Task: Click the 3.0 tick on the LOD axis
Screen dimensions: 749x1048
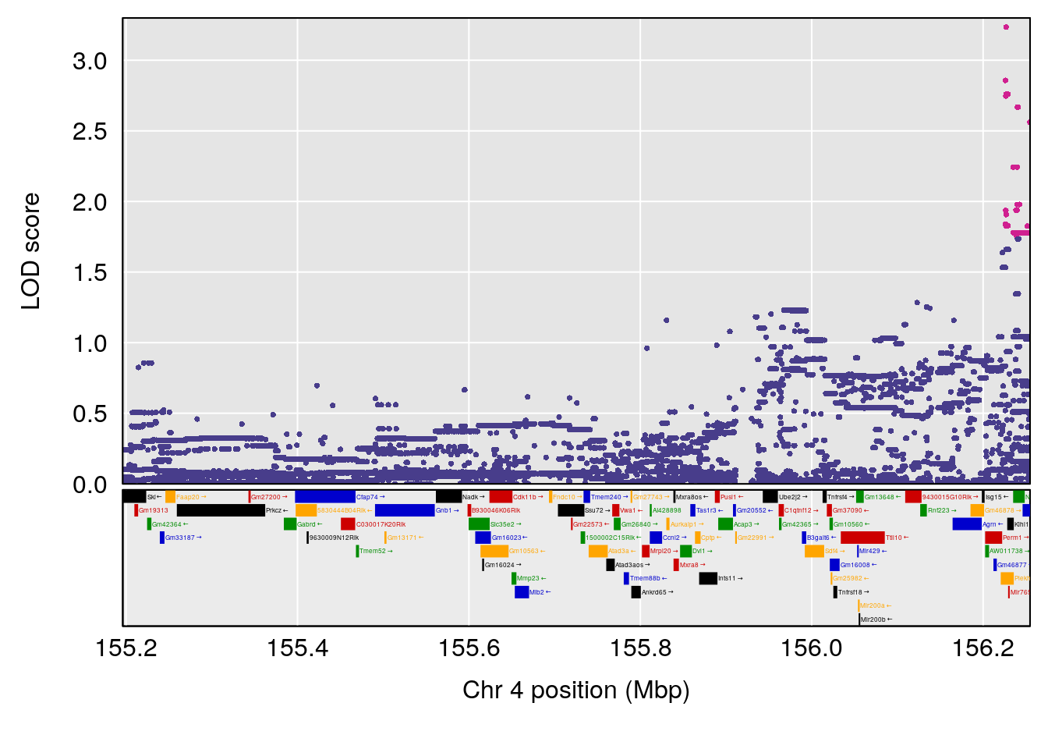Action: (90, 61)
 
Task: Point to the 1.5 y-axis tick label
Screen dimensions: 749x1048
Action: (90, 273)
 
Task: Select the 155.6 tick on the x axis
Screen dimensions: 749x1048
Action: (469, 648)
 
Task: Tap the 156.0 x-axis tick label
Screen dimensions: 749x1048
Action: (812, 648)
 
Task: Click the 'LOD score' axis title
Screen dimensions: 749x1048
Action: (31, 251)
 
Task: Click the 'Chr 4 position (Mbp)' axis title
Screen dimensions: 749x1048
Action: (575, 690)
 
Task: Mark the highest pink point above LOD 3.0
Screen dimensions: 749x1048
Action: (1006, 27)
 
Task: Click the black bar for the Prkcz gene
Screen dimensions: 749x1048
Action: (221, 511)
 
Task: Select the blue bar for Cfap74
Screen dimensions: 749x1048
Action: (324, 497)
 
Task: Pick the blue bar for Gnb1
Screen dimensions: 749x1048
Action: (404, 511)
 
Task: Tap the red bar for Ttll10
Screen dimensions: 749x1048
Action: (862, 538)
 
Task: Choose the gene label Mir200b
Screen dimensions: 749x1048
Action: (873, 619)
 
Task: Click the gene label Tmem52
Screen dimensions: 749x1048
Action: (376, 552)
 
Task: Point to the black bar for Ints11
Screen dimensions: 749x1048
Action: (708, 579)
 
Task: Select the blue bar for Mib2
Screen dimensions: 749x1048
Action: (522, 592)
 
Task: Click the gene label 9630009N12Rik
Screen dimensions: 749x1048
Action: (334, 538)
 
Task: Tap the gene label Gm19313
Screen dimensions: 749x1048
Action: (154, 511)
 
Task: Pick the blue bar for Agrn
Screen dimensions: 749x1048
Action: (966, 524)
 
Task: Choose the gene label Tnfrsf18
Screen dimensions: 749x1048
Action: (851, 592)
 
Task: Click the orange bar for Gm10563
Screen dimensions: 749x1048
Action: (494, 552)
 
